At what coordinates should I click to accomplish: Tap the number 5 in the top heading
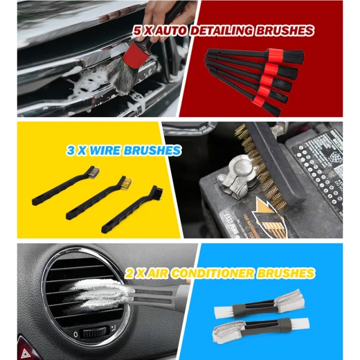(x=137, y=31)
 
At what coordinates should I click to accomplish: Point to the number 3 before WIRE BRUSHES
(x=70, y=151)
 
